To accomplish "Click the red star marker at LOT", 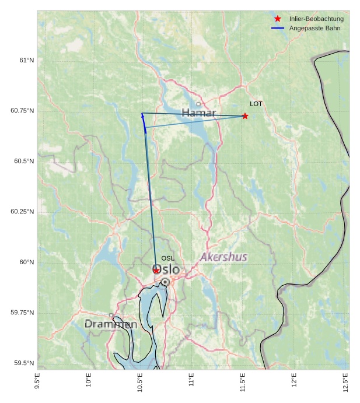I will pos(245,116).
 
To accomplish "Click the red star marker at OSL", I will pos(156,271).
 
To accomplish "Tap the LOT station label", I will pos(256,104).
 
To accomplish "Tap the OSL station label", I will pos(168,258).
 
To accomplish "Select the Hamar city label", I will pos(198,113).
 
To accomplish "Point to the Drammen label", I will pos(111,324).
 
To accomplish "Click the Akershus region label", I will pos(223,257).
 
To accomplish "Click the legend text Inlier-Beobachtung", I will pos(316,19).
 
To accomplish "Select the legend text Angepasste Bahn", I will pos(314,29).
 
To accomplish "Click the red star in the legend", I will pos(278,19).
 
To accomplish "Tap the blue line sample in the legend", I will pos(278,29).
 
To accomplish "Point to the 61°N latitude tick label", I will pos(27,60).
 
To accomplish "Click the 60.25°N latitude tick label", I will pos(23,212).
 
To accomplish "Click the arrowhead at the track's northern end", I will pos(142,115).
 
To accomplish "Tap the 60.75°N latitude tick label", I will pos(23,111).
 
